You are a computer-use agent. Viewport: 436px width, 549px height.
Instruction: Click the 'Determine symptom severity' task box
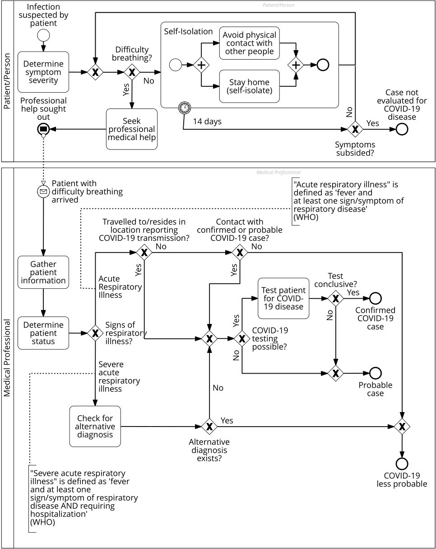(43, 72)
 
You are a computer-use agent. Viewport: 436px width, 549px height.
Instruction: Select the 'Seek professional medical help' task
(131, 129)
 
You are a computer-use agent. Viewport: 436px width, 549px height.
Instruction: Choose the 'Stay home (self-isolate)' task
(249, 86)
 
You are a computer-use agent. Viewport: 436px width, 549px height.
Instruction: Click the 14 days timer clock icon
(184, 108)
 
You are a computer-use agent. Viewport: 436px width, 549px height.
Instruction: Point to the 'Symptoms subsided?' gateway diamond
(356, 129)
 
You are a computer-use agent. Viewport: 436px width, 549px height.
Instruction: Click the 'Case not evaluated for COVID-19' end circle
(402, 129)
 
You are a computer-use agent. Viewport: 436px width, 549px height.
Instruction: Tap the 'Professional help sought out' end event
(43, 129)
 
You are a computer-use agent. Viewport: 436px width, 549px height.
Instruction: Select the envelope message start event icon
(43, 192)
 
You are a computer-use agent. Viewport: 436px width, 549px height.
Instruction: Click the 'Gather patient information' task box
(43, 272)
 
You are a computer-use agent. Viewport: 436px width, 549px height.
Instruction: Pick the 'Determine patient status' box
(43, 333)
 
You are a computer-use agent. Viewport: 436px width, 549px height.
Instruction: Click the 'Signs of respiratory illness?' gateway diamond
(95, 333)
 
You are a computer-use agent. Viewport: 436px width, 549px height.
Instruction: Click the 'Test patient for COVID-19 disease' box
(283, 298)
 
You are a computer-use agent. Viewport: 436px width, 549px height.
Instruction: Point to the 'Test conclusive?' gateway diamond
(335, 298)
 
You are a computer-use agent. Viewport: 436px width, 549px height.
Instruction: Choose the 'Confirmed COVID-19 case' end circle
(376, 298)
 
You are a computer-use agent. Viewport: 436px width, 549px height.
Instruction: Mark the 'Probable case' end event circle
(376, 373)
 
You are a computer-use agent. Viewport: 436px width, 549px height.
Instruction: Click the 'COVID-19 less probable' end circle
(402, 464)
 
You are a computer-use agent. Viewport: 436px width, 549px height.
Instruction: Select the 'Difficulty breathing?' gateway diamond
(131, 72)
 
